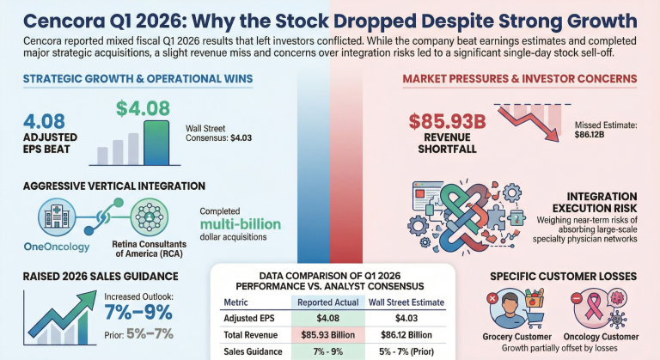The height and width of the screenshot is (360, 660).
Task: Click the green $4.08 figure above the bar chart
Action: click(x=143, y=108)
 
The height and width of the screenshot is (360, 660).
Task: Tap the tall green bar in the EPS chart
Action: click(x=156, y=143)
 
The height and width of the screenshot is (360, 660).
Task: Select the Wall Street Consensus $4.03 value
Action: click(x=241, y=137)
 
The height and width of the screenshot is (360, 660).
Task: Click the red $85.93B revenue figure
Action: click(x=447, y=122)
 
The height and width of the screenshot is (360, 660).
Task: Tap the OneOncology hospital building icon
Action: click(x=57, y=217)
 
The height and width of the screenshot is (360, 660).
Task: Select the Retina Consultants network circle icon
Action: click(x=149, y=217)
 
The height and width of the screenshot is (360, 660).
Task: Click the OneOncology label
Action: click(x=57, y=247)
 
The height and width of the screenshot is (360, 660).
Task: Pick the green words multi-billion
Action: click(x=241, y=223)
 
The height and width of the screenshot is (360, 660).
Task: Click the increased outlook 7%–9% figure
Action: click(x=138, y=313)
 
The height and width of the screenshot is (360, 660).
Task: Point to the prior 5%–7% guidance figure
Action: click(x=150, y=334)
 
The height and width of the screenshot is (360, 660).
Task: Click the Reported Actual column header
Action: click(x=328, y=302)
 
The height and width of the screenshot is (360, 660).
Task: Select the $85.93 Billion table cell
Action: click(x=328, y=335)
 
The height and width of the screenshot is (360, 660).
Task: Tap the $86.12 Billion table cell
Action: click(x=406, y=335)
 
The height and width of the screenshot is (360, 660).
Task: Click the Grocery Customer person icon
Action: click(x=510, y=309)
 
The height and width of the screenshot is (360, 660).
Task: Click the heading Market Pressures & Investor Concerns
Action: click(x=520, y=79)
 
